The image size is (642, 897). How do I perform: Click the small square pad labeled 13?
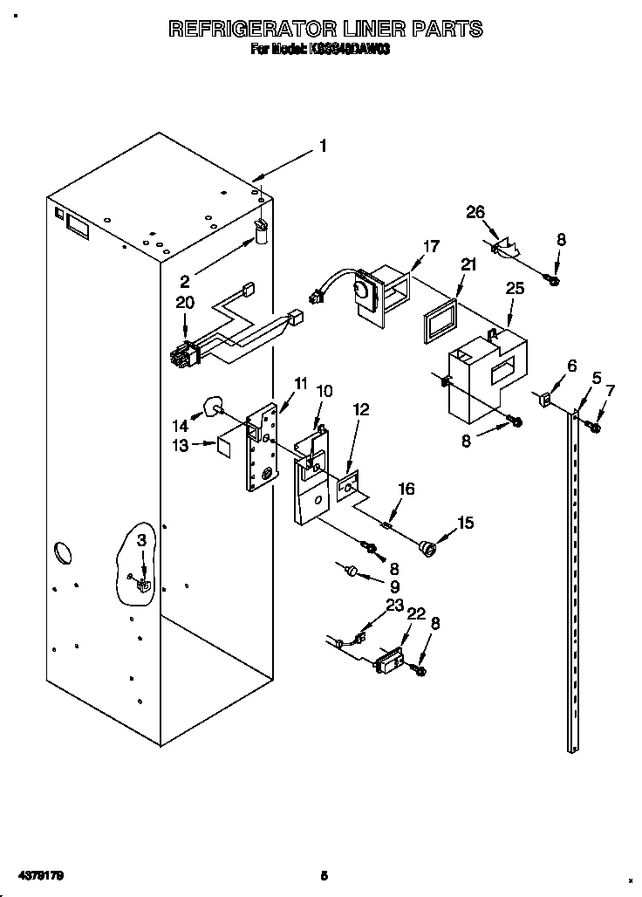tap(223, 445)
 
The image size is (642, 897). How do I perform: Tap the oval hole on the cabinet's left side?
tap(63, 552)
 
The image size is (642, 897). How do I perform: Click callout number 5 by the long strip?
tap(596, 378)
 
